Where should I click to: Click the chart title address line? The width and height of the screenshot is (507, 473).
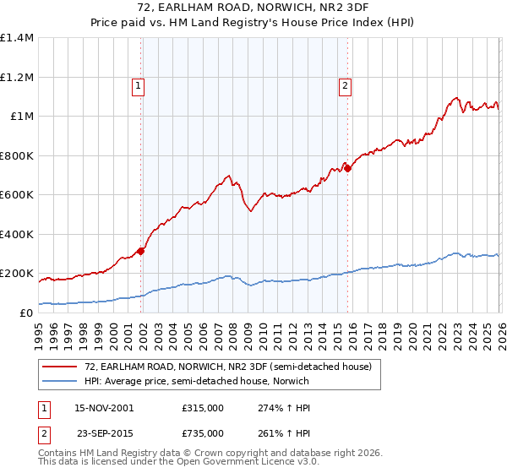[x=253, y=8]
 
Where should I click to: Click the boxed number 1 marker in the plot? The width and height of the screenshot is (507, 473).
[x=137, y=84]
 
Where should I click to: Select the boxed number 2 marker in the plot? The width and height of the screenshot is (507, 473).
[x=346, y=84]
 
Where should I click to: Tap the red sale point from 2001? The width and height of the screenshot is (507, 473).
[x=141, y=250]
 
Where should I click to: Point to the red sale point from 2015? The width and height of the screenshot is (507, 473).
[x=347, y=167]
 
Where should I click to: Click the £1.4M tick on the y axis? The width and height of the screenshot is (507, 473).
[x=17, y=38]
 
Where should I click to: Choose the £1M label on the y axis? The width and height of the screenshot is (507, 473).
[x=20, y=117]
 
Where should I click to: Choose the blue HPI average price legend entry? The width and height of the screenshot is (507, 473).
[x=196, y=382]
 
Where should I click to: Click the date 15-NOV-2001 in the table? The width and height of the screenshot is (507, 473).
[x=104, y=407]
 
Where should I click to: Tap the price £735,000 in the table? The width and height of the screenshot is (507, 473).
[x=202, y=432]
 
